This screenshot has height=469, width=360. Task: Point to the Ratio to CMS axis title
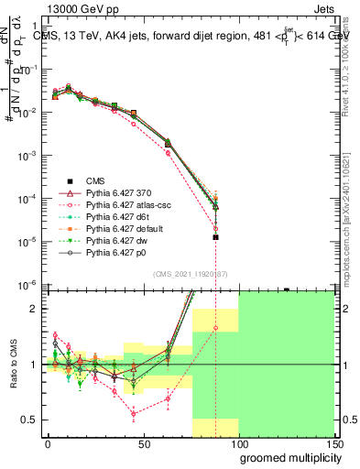pos(13,364)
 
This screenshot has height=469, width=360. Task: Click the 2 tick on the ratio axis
pos(35,309)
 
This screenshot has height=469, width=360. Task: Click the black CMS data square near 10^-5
pos(215,237)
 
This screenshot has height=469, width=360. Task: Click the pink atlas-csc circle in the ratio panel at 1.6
pos(215,327)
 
